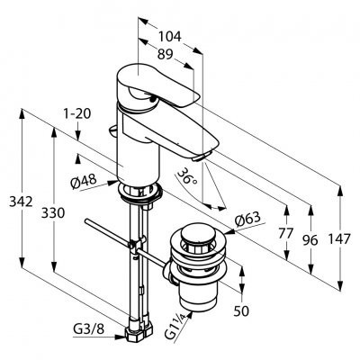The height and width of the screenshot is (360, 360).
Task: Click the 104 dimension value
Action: [x=170, y=37]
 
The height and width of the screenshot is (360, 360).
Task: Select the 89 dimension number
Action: [x=166, y=54]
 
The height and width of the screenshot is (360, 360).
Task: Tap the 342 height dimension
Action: [x=21, y=202]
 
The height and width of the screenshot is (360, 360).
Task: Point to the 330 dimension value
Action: [x=53, y=213]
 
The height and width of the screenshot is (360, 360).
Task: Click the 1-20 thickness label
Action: [x=77, y=114]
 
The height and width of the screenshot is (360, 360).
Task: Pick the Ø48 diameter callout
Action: [x=84, y=182]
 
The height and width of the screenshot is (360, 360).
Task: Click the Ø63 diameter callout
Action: [x=247, y=220]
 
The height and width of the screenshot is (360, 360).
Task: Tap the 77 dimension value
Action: [x=285, y=233]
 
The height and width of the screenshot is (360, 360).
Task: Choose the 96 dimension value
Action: [x=310, y=240]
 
